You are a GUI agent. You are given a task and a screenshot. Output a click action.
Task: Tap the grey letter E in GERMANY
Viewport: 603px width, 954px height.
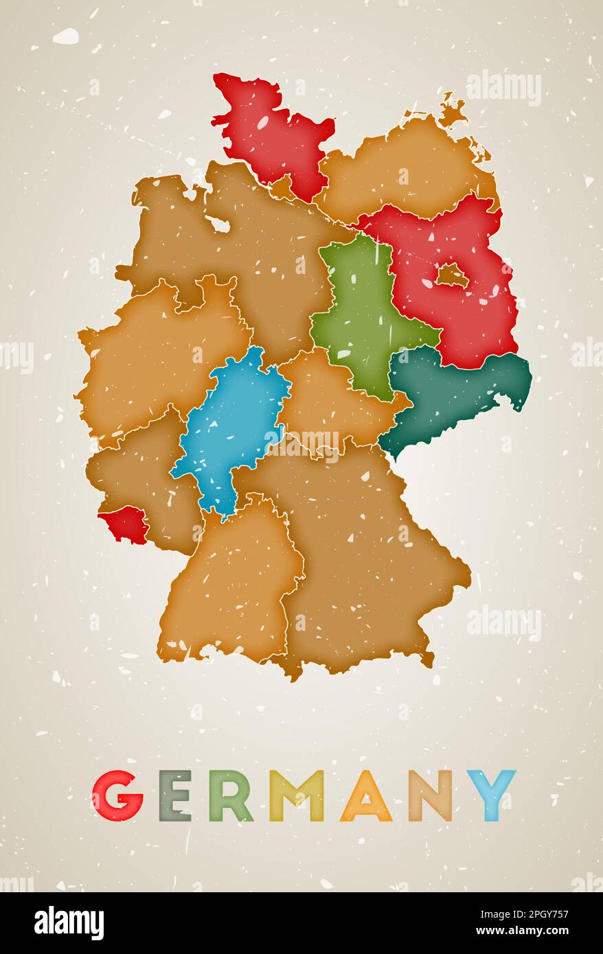[175, 796]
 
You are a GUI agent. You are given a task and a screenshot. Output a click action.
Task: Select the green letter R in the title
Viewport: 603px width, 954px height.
[230, 796]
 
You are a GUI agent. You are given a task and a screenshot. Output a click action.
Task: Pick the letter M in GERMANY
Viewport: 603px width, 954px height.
[296, 796]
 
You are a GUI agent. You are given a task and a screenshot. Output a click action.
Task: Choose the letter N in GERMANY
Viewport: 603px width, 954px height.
[430, 796]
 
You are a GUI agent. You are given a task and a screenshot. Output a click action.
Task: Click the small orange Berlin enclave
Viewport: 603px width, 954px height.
[451, 276]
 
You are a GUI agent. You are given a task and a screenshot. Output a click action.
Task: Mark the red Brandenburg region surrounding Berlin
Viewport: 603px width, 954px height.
[474, 316]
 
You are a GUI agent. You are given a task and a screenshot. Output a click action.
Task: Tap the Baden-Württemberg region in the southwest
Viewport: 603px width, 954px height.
[230, 583]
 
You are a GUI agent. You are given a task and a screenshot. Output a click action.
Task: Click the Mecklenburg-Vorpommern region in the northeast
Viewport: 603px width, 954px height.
[405, 172]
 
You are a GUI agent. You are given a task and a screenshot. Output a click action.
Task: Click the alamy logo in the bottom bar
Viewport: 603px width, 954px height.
[69, 923]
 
